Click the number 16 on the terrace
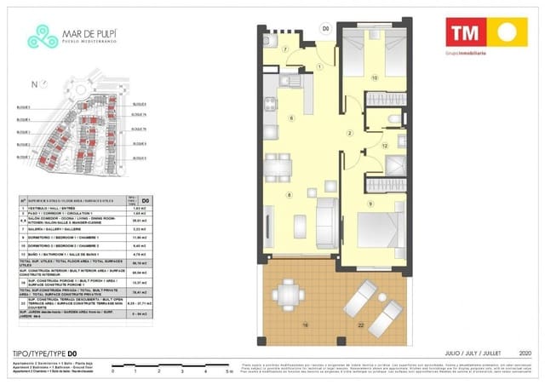(x=303, y=325)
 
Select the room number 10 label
(x=375, y=78)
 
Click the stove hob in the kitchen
(x=270, y=105)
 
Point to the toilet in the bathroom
(x=393, y=119)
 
